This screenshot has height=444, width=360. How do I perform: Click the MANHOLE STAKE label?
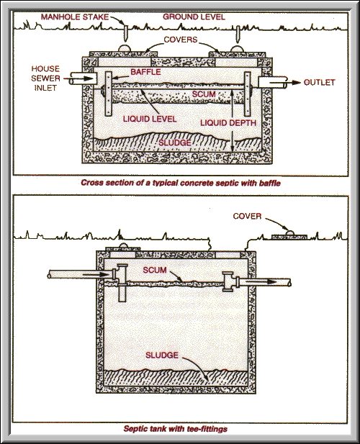74,16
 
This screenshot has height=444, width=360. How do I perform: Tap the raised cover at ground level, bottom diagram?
289,235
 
